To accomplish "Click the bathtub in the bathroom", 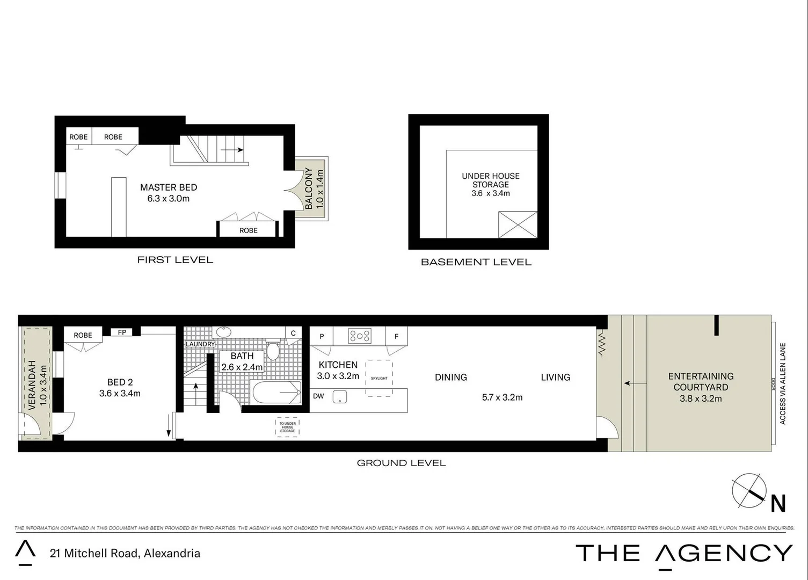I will click(x=276, y=393).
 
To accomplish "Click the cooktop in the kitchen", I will click(x=360, y=336).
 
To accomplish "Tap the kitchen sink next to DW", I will click(x=339, y=397).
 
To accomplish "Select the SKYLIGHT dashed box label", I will click(x=379, y=378).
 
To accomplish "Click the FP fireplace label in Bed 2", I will click(x=122, y=332).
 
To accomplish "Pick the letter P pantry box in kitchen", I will click(x=322, y=337).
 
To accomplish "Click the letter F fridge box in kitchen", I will click(x=396, y=337).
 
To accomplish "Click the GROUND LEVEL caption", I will click(x=401, y=463).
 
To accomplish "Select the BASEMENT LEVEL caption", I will click(x=476, y=262).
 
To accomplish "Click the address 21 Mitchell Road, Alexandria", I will click(x=125, y=553).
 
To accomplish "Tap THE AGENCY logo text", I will click(x=683, y=553).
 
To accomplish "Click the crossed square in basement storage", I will click(x=518, y=224).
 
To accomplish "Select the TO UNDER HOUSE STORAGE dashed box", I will click(x=287, y=427).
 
